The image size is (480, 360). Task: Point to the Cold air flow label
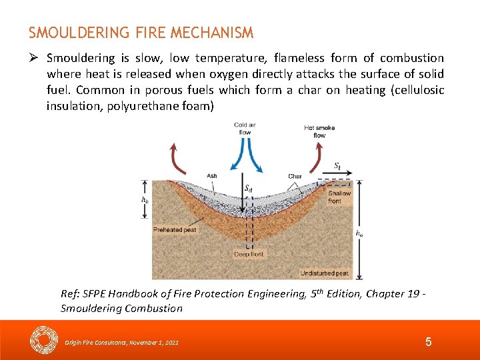click(x=245, y=129)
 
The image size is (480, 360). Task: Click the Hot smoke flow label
click(x=319, y=131)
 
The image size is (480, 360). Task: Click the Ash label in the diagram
click(x=211, y=176)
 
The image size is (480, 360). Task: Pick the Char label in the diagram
click(x=295, y=177)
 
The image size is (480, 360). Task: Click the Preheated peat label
click(x=175, y=230)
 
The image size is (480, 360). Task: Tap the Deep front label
click(x=249, y=254)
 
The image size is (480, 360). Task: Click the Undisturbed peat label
click(x=325, y=273)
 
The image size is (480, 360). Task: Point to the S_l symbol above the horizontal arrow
click(x=339, y=165)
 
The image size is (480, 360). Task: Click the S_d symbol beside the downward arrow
click(x=249, y=189)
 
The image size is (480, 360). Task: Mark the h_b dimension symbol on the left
click(x=145, y=199)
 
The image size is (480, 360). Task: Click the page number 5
click(x=428, y=342)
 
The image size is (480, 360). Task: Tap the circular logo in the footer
click(x=45, y=340)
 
